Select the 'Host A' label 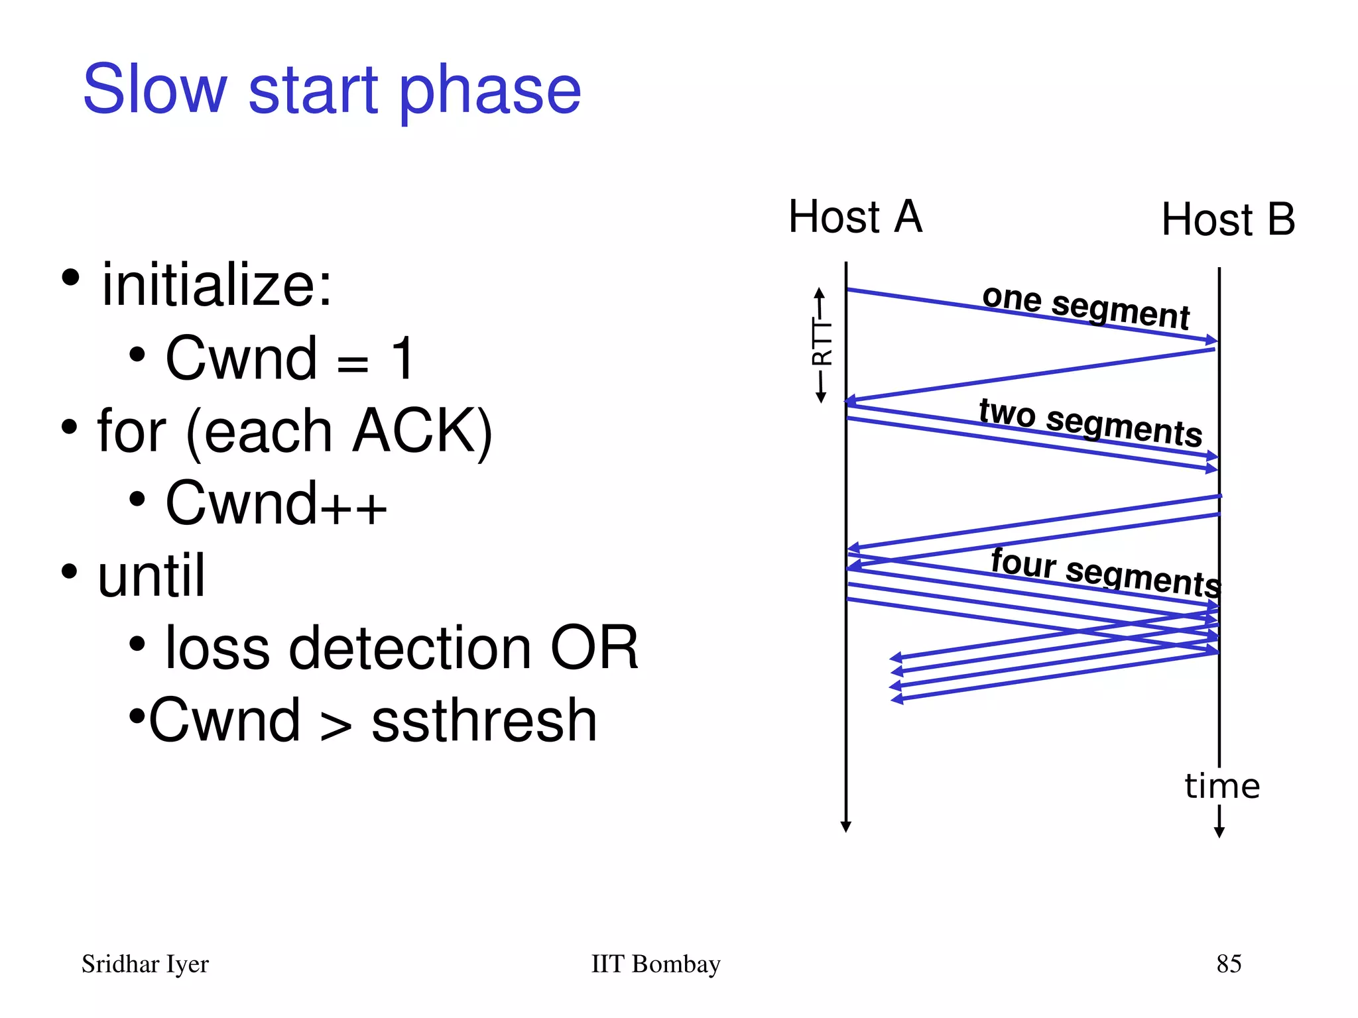855,217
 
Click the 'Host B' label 1227,219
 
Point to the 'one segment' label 1085,307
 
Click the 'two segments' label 1090,423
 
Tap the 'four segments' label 1105,572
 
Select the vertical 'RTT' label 821,343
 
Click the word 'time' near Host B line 1221,786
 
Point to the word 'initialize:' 216,285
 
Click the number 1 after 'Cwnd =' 402,358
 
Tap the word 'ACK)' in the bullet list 422,431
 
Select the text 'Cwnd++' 276,504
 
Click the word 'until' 151,575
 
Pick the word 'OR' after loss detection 593,648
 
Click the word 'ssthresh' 484,720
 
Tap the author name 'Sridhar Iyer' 145,964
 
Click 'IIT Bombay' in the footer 655,964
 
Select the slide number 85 1228,964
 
